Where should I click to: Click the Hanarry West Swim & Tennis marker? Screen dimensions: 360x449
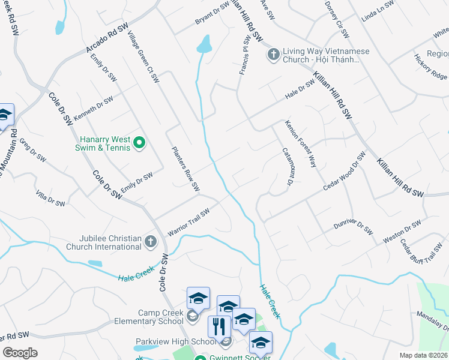point(139,142)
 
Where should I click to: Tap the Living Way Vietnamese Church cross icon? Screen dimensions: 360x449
point(273,55)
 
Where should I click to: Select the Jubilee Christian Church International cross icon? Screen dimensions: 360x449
point(150,242)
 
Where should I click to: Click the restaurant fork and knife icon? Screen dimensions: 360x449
point(219,327)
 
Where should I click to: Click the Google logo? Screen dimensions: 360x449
point(20,352)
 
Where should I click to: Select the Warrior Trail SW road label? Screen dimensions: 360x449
point(188,222)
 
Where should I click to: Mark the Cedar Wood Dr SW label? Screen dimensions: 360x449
point(344,172)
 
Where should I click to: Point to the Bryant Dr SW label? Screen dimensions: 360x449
point(212,14)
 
